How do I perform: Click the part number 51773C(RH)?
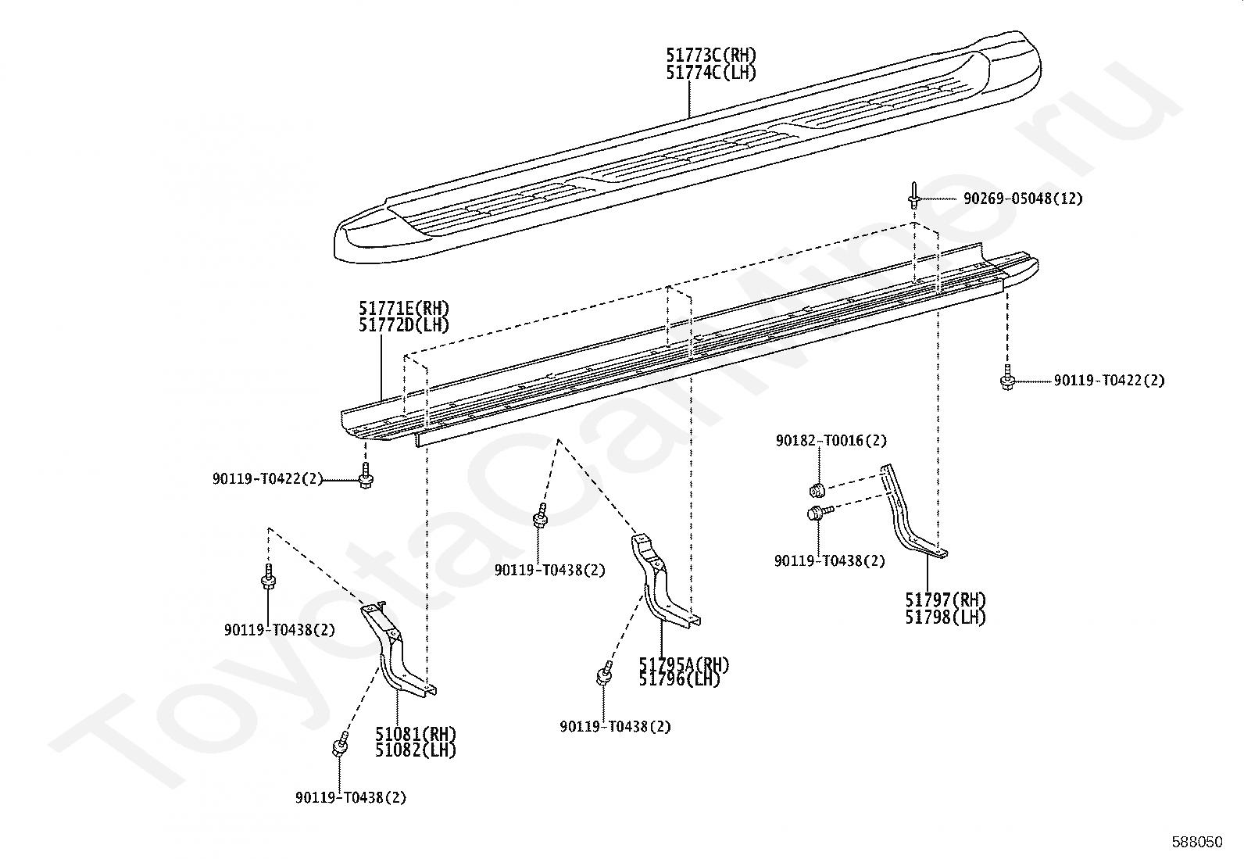tap(711, 55)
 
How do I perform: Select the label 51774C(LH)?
tap(711, 73)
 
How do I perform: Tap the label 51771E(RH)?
tap(404, 308)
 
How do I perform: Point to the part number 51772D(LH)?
tap(404, 325)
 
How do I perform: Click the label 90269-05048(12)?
tap(1023, 199)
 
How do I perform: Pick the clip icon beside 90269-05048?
tap(913, 195)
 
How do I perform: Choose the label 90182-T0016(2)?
tap(831, 441)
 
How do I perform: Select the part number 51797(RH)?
tap(946, 600)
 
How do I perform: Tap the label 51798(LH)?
tap(946, 617)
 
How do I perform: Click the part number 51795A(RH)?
tap(684, 664)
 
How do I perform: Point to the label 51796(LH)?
tap(679, 679)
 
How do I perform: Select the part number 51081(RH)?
tap(415, 734)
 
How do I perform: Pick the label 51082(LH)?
tap(415, 750)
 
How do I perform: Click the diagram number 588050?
tap(1196, 842)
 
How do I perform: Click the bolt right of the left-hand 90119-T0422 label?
tap(366, 478)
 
